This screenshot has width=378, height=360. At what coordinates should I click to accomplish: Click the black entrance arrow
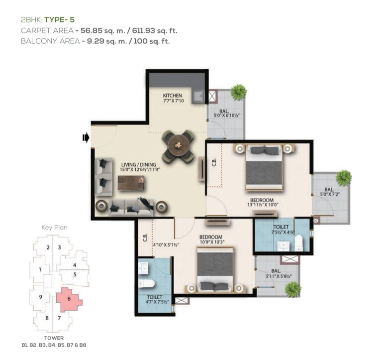click(86, 137)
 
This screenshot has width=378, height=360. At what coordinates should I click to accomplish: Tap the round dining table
click(178, 146)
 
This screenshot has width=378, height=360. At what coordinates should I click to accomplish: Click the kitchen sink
click(199, 95)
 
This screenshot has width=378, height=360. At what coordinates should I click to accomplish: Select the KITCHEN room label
click(173, 96)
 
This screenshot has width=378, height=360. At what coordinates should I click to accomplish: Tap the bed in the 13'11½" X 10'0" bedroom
click(264, 166)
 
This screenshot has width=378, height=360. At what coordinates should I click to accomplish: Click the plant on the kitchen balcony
click(239, 91)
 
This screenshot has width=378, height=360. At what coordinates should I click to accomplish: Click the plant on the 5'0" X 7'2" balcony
click(343, 178)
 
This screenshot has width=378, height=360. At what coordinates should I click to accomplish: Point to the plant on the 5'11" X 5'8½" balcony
click(293, 289)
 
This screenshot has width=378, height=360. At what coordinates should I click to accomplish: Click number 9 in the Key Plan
click(40, 297)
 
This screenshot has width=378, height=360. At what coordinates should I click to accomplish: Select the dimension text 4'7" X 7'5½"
click(155, 302)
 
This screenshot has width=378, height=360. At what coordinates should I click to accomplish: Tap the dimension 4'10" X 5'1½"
click(165, 244)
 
